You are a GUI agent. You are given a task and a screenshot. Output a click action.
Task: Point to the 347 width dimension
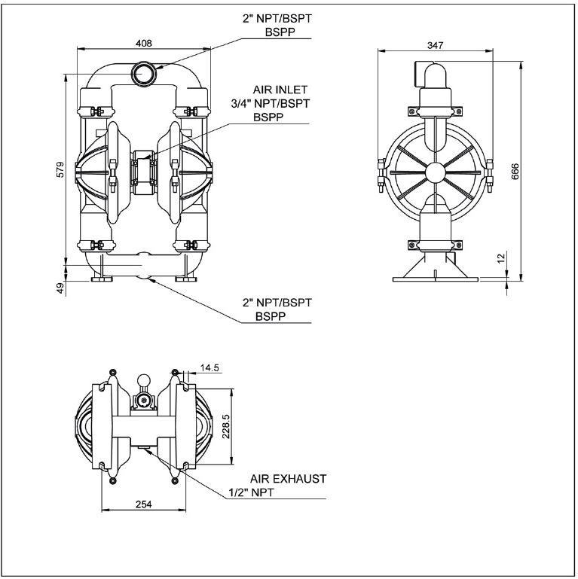point(435,45)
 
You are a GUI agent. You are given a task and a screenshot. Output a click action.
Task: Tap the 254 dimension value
point(143,505)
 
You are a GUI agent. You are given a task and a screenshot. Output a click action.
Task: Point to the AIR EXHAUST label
point(288,478)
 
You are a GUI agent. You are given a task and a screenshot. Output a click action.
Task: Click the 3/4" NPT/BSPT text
point(281,103)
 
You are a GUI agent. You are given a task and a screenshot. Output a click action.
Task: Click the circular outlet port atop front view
point(143,73)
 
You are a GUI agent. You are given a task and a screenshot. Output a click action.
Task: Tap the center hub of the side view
point(435,172)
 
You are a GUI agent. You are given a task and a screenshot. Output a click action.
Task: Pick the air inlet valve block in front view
point(143,169)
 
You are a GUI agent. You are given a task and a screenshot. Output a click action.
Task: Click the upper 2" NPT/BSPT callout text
point(277,19)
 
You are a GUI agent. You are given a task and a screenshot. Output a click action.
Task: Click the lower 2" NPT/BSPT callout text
point(277,303)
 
